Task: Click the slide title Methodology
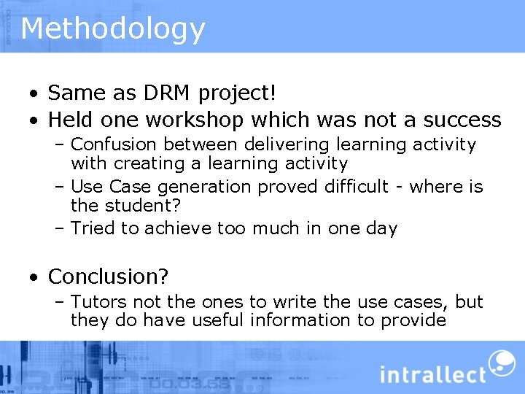point(113,29)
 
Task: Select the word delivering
point(287,145)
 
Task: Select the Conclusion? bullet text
point(108,277)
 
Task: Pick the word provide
point(413,321)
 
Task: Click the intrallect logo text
point(432,375)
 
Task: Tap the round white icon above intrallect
point(501,363)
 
